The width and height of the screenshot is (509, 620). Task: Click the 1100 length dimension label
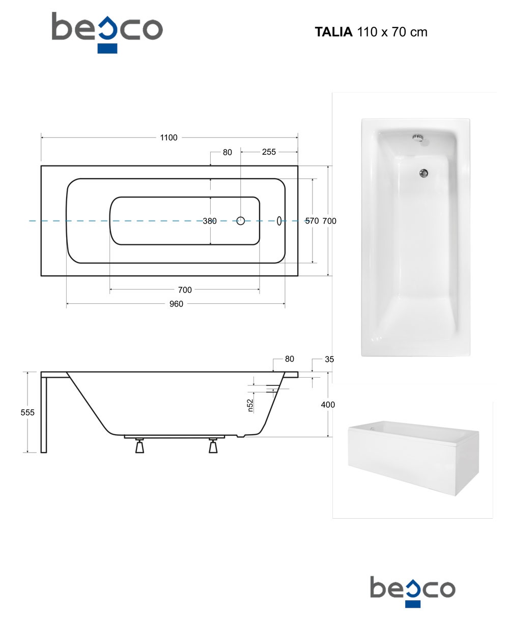[168, 137]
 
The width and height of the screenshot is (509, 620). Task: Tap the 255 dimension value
[269, 152]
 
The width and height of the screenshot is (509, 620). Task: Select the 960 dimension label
[176, 304]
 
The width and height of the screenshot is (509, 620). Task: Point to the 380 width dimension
[210, 221]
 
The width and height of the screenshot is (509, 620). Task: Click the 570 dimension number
[312, 221]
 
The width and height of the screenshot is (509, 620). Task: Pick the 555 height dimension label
[27, 413]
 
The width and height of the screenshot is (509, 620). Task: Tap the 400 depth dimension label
[328, 405]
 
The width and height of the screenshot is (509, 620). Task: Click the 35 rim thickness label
[329, 359]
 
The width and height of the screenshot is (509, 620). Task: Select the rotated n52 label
[250, 405]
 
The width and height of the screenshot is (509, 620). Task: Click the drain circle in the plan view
[241, 221]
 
